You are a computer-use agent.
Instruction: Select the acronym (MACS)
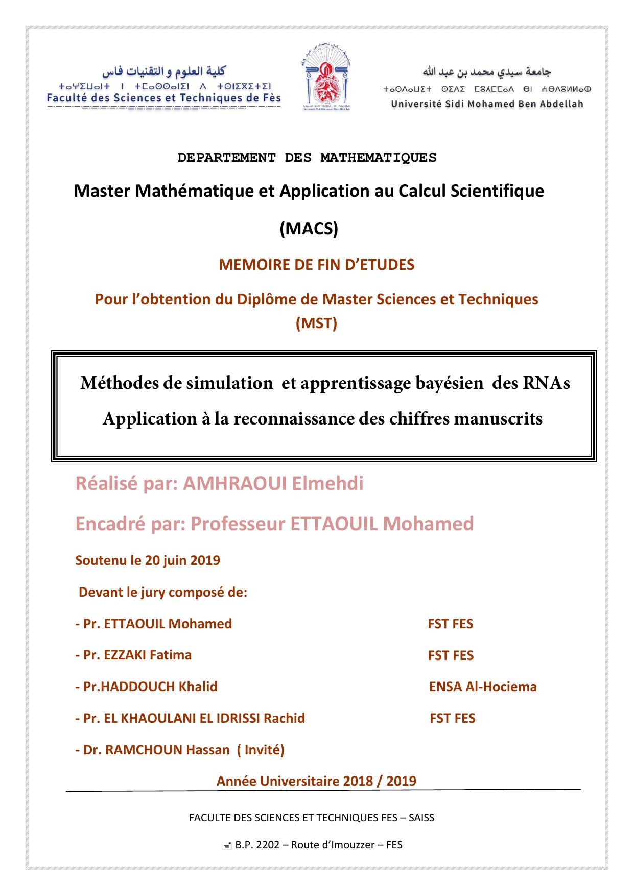[309, 229]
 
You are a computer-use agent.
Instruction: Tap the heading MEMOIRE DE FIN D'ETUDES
[316, 265]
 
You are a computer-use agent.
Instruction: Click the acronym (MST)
[316, 323]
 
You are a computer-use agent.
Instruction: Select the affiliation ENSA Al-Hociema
[483, 687]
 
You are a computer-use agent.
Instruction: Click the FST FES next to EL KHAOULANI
[452, 718]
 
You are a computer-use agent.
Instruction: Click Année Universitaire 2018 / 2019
[316, 781]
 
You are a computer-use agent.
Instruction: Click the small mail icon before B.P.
[226, 846]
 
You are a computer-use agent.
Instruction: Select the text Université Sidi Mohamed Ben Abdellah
[487, 104]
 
